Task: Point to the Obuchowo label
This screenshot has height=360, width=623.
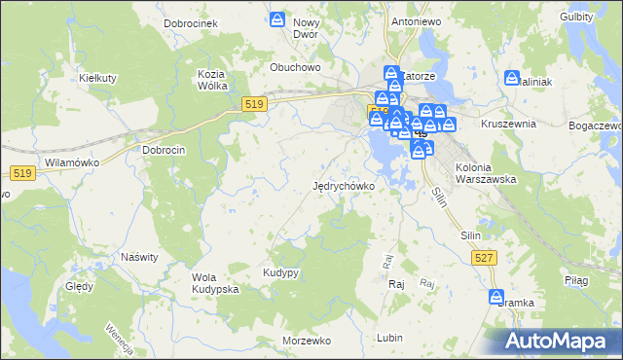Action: [295, 68]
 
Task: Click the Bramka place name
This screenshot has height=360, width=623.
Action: [516, 303]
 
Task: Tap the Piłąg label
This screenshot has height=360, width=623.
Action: [576, 280]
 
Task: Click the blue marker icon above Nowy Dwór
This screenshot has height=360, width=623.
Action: [278, 18]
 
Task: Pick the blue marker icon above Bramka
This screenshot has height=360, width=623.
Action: [496, 297]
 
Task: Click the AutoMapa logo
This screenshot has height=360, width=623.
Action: [556, 341]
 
